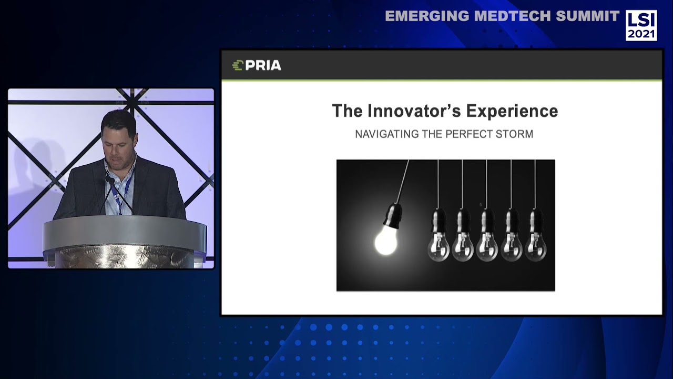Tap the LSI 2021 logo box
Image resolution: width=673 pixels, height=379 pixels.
point(641,25)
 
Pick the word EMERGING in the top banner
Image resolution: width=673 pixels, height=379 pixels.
point(427,16)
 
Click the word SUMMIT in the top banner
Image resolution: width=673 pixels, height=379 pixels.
point(588,16)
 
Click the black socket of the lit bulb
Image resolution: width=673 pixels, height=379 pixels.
point(393,216)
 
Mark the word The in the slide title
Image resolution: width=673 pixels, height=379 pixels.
point(347,111)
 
